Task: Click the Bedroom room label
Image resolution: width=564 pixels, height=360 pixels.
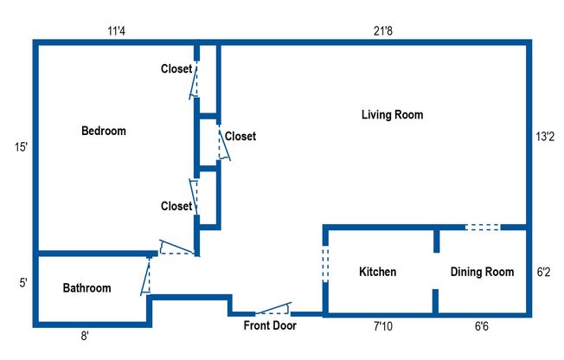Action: [103, 132]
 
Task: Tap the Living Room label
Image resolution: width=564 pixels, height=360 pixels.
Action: [392, 114]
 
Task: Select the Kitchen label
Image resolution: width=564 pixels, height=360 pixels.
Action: [377, 272]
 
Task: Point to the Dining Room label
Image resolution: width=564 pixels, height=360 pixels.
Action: [482, 272]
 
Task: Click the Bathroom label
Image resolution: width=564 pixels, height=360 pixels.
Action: [87, 288]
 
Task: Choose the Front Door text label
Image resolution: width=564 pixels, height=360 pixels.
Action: [270, 326]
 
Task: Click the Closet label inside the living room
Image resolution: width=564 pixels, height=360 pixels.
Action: [240, 136]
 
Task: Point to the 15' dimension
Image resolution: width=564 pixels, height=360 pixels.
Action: [21, 147]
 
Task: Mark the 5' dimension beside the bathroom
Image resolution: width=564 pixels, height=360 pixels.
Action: [23, 283]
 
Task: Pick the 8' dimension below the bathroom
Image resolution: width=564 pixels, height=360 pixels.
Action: [85, 336]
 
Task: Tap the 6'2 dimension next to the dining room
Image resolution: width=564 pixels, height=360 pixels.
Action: [543, 272]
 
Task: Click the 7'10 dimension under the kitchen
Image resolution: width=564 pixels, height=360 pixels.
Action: [383, 328]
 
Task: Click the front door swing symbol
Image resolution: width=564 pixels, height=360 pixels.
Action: [272, 309]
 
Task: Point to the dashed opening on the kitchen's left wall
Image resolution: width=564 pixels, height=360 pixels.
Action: [325, 265]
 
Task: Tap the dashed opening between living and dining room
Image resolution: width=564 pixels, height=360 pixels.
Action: [482, 228]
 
